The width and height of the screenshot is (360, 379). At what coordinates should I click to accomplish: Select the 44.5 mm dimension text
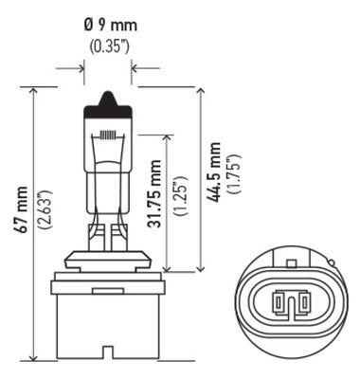pyautogui.click(x=216, y=171)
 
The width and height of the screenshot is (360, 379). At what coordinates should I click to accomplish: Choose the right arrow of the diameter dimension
pyautogui.click(x=134, y=67)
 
